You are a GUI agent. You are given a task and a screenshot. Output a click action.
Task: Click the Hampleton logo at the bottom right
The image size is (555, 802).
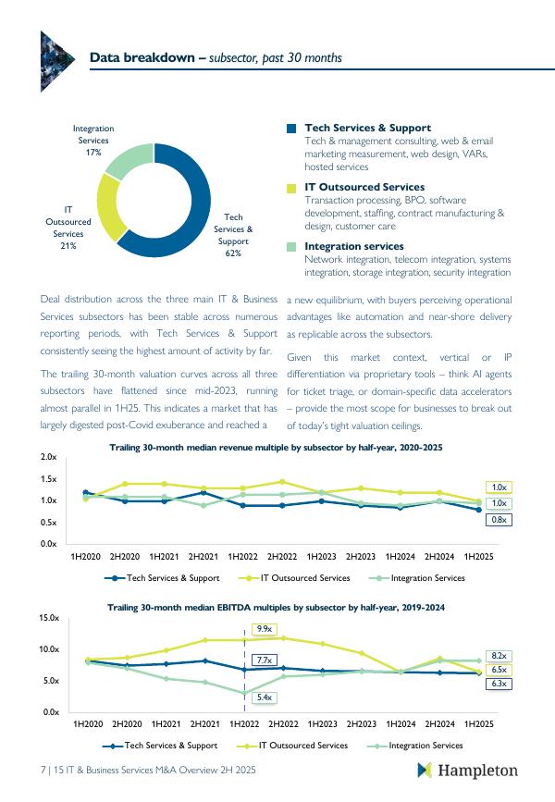click(467, 771)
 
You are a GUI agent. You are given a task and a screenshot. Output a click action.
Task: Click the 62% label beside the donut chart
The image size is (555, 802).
click(233, 253)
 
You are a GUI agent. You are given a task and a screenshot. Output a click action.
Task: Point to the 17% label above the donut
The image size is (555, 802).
click(93, 153)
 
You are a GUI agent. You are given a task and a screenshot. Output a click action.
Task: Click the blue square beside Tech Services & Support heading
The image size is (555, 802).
click(291, 129)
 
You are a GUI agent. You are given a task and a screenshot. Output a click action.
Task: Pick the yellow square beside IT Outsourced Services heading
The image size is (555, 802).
click(291, 188)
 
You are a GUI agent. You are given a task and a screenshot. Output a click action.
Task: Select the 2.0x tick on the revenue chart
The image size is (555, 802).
click(49, 457)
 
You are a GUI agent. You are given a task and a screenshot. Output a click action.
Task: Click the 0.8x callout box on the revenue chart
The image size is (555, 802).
click(499, 520)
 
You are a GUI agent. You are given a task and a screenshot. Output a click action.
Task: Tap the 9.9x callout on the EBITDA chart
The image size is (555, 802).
click(264, 629)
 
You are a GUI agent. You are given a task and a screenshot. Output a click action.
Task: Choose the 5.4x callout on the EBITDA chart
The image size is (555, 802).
click(264, 697)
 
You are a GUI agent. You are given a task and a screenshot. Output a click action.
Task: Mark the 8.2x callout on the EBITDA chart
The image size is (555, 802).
click(499, 656)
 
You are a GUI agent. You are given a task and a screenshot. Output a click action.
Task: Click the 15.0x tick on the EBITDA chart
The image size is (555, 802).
click(49, 618)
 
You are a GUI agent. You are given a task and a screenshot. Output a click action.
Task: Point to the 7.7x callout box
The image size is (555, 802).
click(264, 660)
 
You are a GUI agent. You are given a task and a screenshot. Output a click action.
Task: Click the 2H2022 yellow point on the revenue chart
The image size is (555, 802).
click(282, 482)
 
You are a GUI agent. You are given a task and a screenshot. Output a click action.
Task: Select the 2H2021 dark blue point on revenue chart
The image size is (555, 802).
click(203, 492)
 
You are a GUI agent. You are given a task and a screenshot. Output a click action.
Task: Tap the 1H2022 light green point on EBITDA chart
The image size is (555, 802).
click(244, 694)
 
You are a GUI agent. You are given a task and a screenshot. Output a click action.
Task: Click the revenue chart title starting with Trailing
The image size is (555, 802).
click(276, 448)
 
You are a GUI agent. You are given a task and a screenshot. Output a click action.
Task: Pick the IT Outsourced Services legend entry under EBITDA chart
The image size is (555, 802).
click(292, 746)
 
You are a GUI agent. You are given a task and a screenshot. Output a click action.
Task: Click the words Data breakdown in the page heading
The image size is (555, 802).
click(142, 57)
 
